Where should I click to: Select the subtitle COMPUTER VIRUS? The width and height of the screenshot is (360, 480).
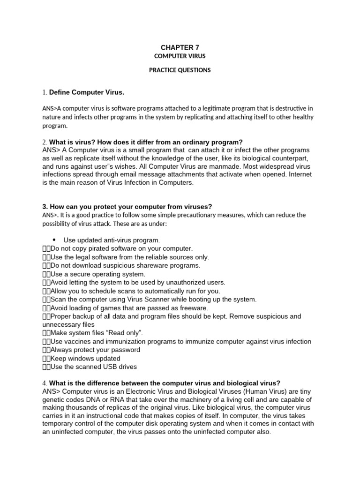[180, 56]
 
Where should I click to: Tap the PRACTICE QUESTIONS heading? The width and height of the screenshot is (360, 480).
[180, 70]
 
